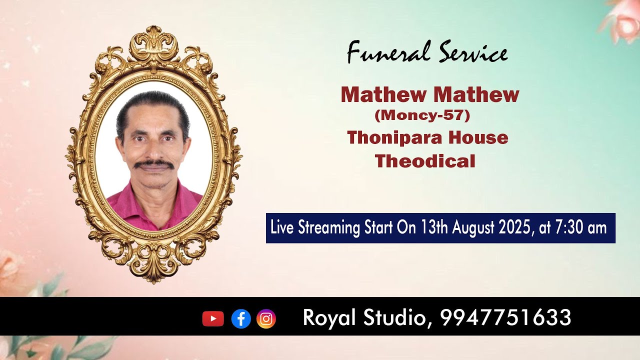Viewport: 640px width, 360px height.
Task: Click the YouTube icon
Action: click(213, 318)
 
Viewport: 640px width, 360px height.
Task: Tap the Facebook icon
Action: click(241, 318)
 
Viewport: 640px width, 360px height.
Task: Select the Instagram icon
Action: click(266, 318)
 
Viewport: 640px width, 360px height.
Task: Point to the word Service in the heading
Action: click(473, 52)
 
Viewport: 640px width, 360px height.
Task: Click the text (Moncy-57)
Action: click(422, 115)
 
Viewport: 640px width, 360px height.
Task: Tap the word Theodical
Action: click(425, 161)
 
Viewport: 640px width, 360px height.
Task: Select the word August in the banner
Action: click(474, 228)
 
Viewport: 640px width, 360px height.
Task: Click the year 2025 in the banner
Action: click(514, 228)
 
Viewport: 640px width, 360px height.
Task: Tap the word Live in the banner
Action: click(282, 228)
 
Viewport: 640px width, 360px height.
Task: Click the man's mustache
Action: click(154, 164)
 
